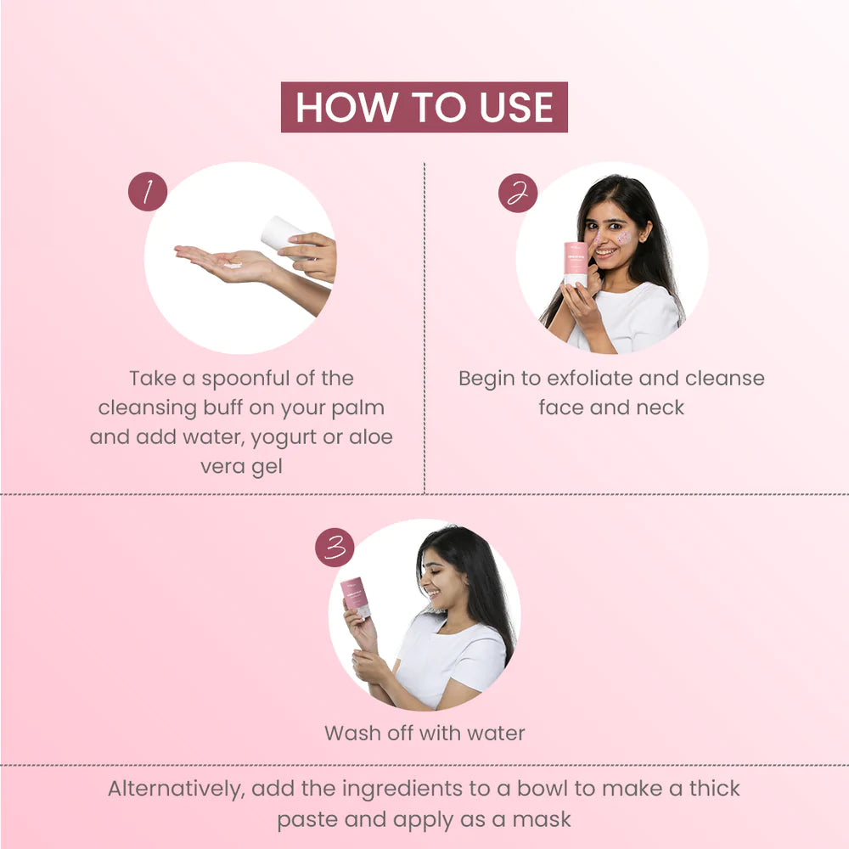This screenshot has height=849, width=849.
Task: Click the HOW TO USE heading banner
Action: (x=424, y=107)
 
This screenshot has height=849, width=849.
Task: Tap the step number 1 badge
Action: (x=148, y=192)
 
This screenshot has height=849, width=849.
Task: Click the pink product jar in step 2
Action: (x=576, y=262)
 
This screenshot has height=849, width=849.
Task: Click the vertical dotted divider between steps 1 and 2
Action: (x=424, y=340)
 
